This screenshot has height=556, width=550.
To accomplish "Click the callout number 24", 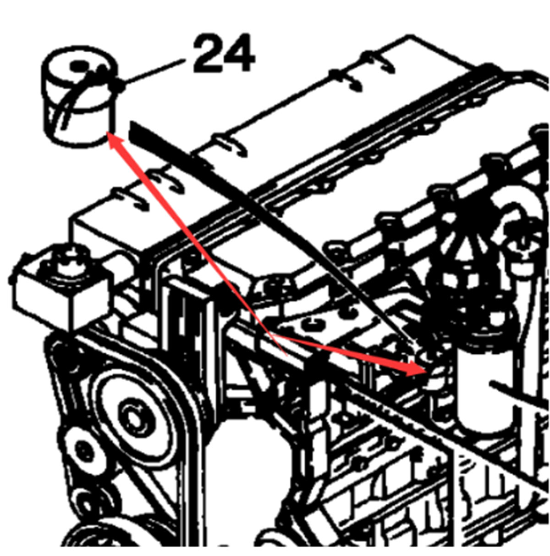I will point(223,54).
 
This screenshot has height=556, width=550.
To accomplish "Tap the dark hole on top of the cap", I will point(81,67).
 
